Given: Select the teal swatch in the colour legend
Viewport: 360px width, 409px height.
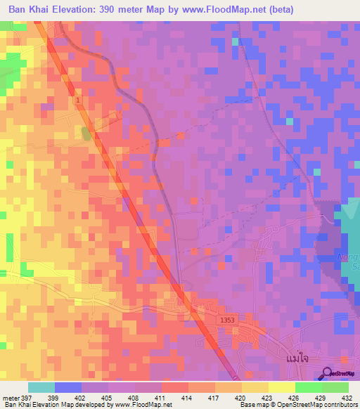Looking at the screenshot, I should [41, 387].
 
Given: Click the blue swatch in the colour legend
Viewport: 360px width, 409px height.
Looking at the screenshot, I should [67, 387].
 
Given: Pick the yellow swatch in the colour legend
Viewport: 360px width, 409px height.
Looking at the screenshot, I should [281, 387].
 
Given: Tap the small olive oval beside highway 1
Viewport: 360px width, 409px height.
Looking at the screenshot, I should [86, 134].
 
